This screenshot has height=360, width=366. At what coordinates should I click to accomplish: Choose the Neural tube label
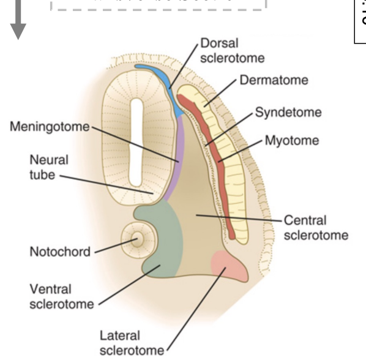48,166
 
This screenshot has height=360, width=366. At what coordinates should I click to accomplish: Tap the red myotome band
214,153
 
